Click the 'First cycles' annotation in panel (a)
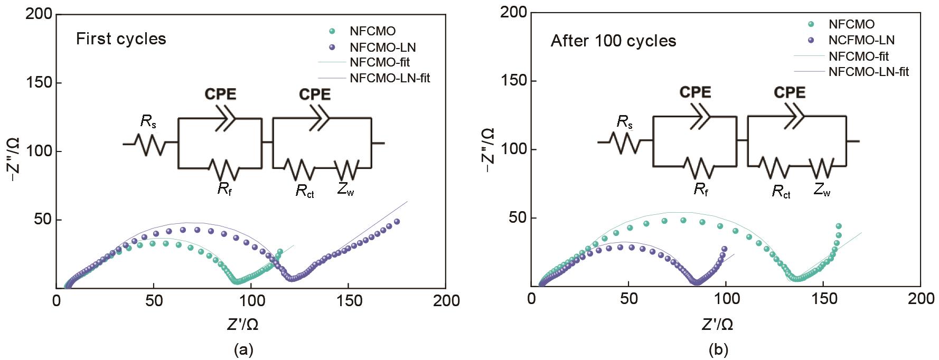(x=121, y=39)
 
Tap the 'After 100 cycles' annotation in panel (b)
(x=613, y=41)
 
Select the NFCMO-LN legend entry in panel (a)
(x=382, y=48)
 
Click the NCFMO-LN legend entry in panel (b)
(x=861, y=40)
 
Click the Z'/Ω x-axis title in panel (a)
(x=243, y=324)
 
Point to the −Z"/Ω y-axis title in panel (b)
(x=489, y=149)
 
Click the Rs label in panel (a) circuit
(x=148, y=122)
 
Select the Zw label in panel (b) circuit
(x=822, y=189)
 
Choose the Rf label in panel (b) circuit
(x=701, y=189)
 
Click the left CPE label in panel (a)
(x=220, y=94)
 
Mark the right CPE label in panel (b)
(x=790, y=92)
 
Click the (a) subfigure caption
(x=243, y=349)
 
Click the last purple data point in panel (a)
(x=397, y=222)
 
